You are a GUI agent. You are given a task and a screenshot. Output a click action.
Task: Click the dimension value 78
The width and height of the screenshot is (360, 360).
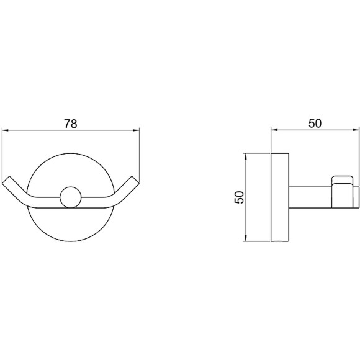[71, 124]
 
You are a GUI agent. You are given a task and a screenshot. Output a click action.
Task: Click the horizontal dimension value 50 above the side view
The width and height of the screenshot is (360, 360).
[315, 124]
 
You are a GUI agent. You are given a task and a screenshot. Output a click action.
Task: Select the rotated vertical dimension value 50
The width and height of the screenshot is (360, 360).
[239, 197]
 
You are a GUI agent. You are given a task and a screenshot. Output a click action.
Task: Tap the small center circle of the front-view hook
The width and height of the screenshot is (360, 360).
[71, 197]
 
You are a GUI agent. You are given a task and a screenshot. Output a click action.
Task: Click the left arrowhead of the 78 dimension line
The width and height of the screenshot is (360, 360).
[5, 130]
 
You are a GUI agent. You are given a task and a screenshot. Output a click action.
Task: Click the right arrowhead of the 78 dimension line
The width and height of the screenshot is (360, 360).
[137, 130]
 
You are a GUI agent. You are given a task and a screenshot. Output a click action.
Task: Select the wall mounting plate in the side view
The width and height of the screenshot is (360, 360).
[280, 197]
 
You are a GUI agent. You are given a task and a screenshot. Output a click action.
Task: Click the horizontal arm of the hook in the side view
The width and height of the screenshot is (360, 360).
[310, 197]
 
